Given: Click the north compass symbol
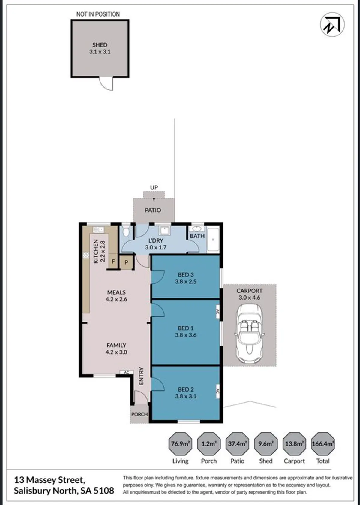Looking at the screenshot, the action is [x=332, y=25].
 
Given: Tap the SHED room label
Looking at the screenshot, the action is [x=100, y=45].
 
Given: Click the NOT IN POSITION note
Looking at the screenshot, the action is [x=98, y=14].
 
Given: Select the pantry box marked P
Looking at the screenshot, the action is [x=126, y=262].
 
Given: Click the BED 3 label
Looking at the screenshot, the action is [x=186, y=275].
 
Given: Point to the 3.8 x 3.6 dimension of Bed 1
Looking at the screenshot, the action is [x=186, y=335].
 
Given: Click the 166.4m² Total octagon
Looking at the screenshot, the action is [x=323, y=444].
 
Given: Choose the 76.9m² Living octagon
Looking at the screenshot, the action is [x=181, y=444].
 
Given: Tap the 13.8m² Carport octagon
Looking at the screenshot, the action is [x=294, y=444].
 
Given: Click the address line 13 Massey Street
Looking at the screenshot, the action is [x=50, y=480].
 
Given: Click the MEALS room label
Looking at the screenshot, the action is [x=116, y=292].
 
